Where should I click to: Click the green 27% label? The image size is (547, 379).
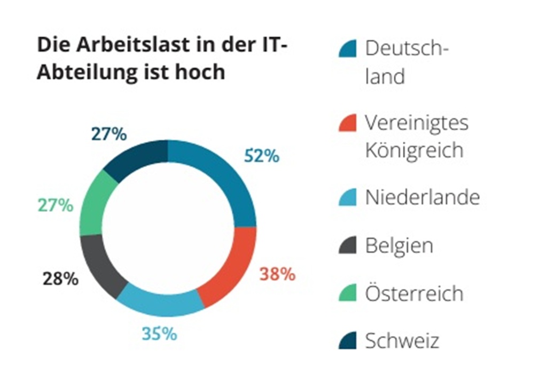coord(56,205)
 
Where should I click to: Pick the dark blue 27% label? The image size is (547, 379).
coord(109,134)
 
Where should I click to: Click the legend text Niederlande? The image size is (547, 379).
coord(422,198)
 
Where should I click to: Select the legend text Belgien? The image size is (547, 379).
coord(399,246)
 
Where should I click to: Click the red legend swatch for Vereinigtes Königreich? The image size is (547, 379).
coord(347,123)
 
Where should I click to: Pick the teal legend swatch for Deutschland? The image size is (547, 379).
coord(347,49)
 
